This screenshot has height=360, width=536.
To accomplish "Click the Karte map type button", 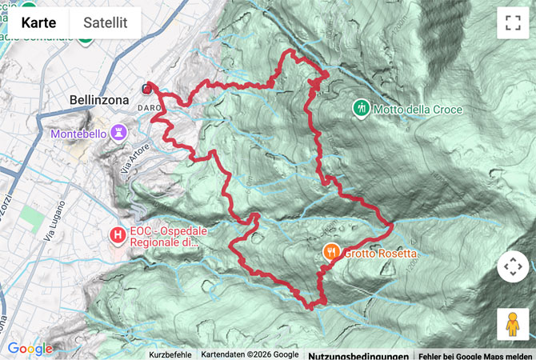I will [38, 22].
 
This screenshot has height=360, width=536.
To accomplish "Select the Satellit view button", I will [105, 22].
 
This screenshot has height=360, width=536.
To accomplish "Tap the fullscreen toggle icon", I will [513, 22].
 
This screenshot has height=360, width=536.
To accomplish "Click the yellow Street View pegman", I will [513, 323].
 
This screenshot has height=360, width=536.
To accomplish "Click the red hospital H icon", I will [118, 235].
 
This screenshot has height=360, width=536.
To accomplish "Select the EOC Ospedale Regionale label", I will [164, 236].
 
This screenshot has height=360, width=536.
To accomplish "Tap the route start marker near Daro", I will [146, 89].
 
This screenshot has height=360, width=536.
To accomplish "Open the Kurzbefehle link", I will [170, 354].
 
